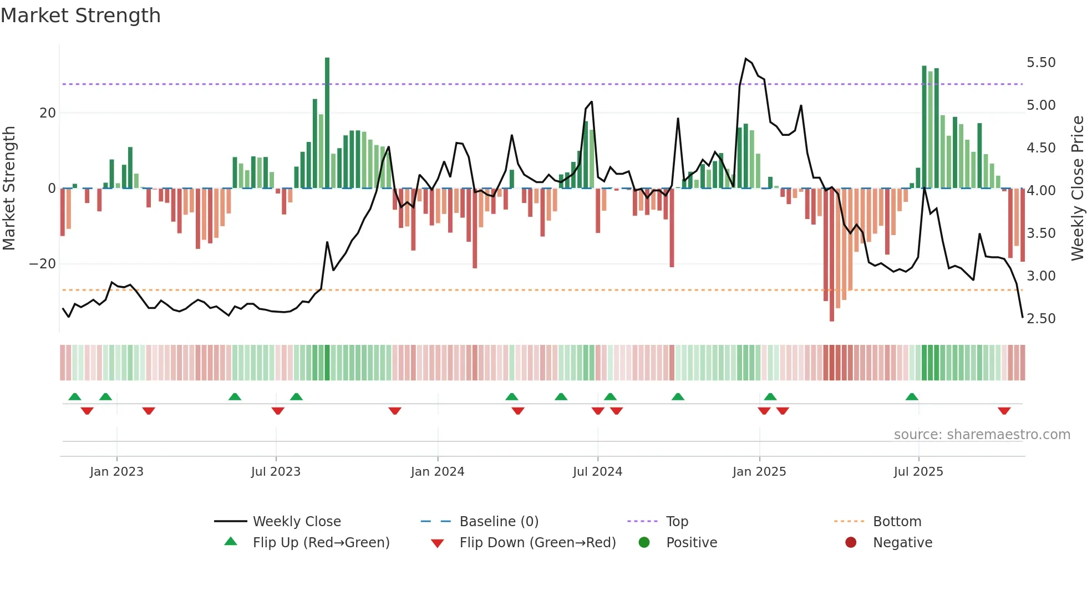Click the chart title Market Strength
coord(80,16)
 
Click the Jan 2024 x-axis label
coord(437,472)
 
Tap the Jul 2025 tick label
coord(918,472)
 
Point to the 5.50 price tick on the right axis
coord(1041,63)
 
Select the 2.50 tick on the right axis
coord(1041,319)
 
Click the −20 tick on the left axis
coord(43,264)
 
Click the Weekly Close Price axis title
coord(1077,189)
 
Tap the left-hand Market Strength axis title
coord(9,189)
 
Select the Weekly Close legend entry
coord(296,522)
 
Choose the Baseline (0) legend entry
coord(499,522)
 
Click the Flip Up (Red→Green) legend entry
coord(321,543)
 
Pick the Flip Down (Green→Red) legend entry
coord(537,543)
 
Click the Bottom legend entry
coord(896,522)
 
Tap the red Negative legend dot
coord(851,543)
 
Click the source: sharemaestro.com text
coord(982,435)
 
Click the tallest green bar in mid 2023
coord(327,122)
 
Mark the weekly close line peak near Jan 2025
coord(746,59)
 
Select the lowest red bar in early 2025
coord(832,255)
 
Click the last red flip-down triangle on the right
coord(1004,411)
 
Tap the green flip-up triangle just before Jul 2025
coord(912,396)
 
